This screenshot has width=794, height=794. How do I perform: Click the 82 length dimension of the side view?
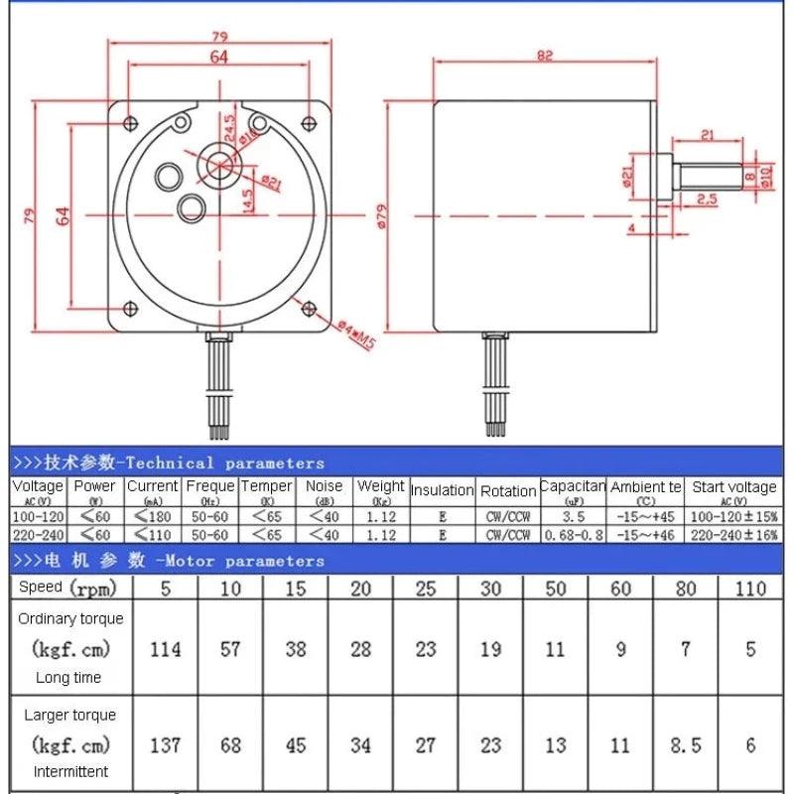pos(545,56)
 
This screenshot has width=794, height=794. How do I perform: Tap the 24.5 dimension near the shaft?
pos(228,128)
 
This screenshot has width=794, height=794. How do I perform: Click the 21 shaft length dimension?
pos(708,135)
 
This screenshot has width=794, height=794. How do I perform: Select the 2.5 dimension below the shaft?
pos(707,198)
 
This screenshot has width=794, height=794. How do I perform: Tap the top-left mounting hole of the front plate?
pos(131,122)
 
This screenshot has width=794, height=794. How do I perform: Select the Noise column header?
pos(324,486)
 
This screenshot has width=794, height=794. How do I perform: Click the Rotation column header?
pos(508,491)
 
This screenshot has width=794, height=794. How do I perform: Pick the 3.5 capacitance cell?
pos(573,517)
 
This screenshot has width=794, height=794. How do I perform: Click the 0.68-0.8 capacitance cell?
pos(573,535)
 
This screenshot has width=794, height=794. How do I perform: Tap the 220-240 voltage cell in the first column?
pos(38,535)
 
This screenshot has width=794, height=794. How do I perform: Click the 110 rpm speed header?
pos(750,588)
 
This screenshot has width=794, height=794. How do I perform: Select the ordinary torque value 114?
pos(165,649)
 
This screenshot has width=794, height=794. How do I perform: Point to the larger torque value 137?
pos(165,744)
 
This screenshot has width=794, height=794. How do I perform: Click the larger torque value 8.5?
pos(686,744)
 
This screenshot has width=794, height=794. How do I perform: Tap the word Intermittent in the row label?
pos(69,771)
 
